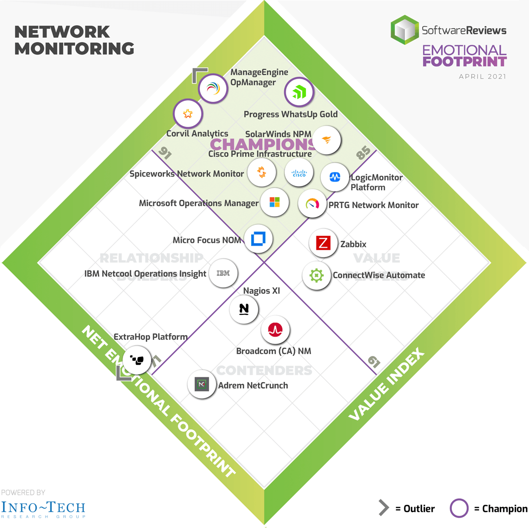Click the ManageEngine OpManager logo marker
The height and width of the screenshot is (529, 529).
[x=213, y=89]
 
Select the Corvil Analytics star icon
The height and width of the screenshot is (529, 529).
[x=187, y=114]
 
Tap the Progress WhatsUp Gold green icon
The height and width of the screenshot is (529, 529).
[x=299, y=92]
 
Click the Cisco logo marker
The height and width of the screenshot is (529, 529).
[x=299, y=173]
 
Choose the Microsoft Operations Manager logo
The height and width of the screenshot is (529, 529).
[x=274, y=202]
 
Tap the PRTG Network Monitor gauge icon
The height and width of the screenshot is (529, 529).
[x=312, y=204]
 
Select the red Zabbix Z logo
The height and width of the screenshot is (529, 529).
[x=323, y=243]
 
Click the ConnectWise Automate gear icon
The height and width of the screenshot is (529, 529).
[x=316, y=275]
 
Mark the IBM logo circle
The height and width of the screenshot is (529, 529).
[x=223, y=273]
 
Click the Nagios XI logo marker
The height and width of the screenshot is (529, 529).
[x=244, y=309]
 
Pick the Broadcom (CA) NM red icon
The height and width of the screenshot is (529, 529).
[x=275, y=330]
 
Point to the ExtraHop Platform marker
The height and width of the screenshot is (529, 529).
[x=136, y=359]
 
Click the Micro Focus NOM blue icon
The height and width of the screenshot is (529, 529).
[x=259, y=239]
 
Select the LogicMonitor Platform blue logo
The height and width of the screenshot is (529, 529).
[x=335, y=177]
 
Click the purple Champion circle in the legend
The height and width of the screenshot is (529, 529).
[x=459, y=509]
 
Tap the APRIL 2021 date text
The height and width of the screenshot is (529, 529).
[x=482, y=77]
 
